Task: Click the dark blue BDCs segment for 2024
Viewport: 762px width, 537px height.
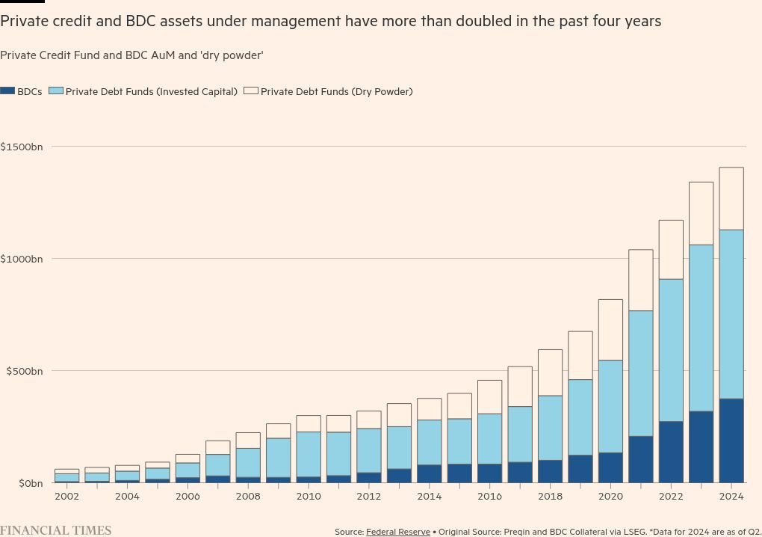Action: [x=731, y=441]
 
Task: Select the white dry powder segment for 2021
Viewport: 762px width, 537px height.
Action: [x=640, y=280]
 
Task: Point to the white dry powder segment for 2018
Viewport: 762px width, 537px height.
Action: [x=550, y=372]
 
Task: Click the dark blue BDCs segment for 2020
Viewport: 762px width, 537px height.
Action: [x=610, y=467]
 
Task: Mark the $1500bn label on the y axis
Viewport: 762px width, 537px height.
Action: [x=22, y=147]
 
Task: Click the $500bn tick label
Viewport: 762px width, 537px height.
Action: [x=24, y=371]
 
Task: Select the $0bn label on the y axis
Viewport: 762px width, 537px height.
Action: [x=28, y=483]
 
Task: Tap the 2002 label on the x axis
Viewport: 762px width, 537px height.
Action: [x=66, y=496]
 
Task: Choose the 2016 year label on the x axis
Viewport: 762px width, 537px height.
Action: [x=489, y=496]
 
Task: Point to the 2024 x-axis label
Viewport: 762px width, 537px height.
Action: [x=731, y=496]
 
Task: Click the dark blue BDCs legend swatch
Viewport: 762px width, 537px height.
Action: [x=7, y=90]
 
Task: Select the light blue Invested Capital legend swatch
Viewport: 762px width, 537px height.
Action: [x=55, y=90]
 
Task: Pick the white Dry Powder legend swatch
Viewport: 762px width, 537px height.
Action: [x=251, y=90]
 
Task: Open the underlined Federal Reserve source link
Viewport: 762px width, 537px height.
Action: [x=397, y=532]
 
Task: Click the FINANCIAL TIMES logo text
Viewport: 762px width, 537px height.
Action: [x=55, y=530]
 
